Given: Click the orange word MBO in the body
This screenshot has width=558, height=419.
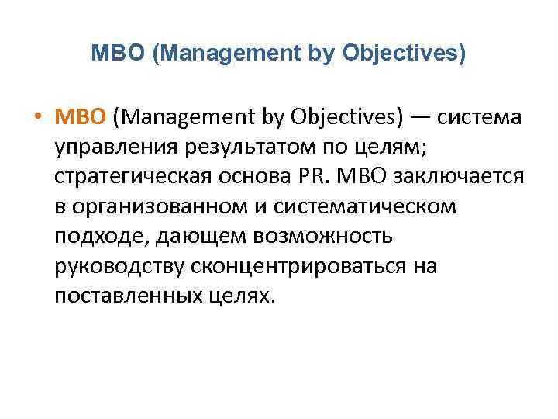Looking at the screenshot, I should pyautogui.click(x=80, y=118).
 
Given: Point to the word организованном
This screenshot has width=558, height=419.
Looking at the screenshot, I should pyautogui.click(x=170, y=206).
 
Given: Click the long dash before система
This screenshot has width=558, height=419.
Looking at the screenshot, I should pyautogui.click(x=420, y=118).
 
